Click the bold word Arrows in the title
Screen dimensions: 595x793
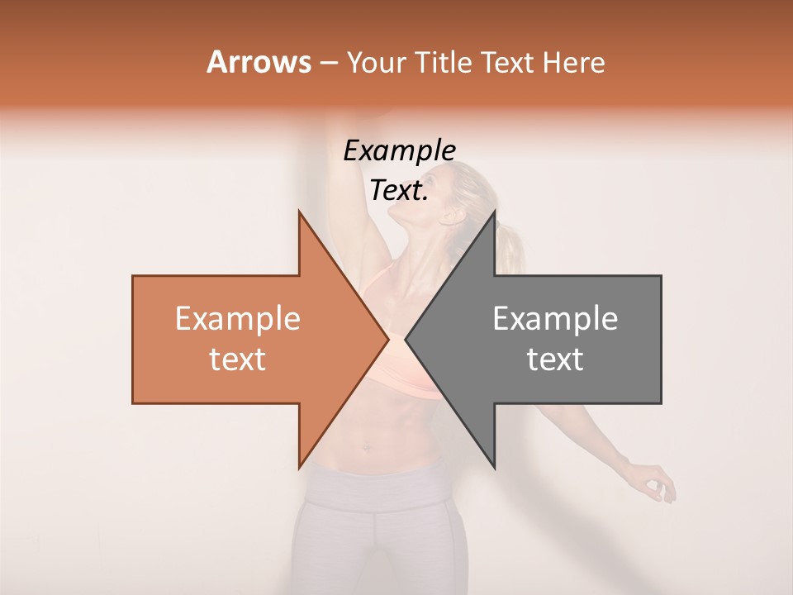[x=259, y=62]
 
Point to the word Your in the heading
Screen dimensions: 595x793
[x=376, y=63]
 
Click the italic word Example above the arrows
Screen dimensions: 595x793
[x=399, y=150]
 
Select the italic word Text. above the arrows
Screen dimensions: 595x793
[x=399, y=190]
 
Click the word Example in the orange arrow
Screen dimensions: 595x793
[x=237, y=318]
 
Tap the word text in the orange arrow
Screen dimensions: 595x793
[x=237, y=359]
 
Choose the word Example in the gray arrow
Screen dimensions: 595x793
[x=555, y=318]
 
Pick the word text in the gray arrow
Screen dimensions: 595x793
[x=555, y=359]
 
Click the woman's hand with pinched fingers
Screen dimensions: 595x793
[x=657, y=483]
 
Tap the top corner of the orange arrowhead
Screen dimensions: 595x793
[x=299, y=210]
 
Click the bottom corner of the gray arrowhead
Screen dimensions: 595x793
[x=495, y=468]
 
